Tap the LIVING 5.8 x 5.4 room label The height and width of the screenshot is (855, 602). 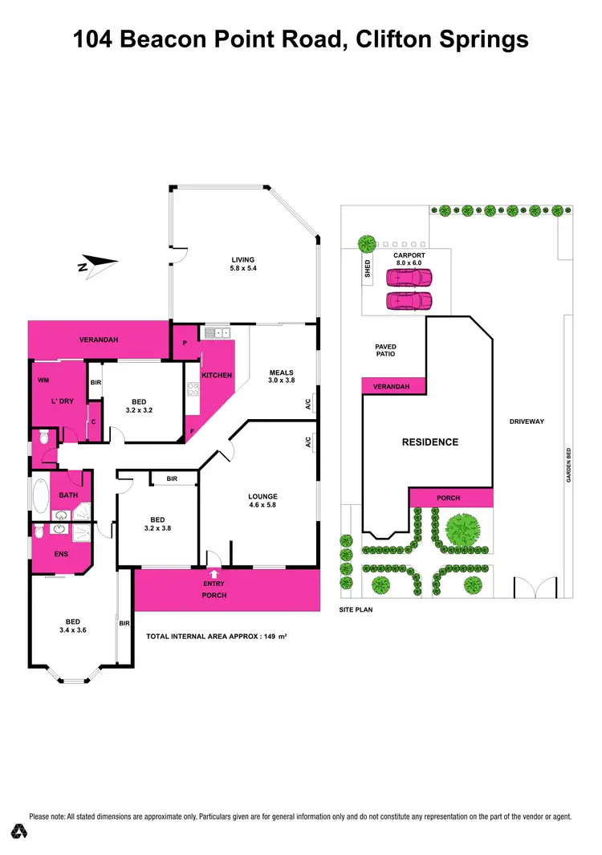[x=242, y=264]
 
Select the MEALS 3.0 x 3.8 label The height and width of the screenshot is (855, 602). [x=282, y=377]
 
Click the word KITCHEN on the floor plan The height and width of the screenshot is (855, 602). [x=216, y=376]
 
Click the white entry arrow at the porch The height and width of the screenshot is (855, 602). [x=214, y=573]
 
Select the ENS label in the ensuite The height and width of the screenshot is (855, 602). [x=60, y=553]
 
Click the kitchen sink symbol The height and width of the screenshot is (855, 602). [x=215, y=332]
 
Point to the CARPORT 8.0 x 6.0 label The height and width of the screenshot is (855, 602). [x=409, y=259]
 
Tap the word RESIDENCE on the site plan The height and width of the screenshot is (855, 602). [x=429, y=442]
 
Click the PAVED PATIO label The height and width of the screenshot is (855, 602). [x=385, y=351]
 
